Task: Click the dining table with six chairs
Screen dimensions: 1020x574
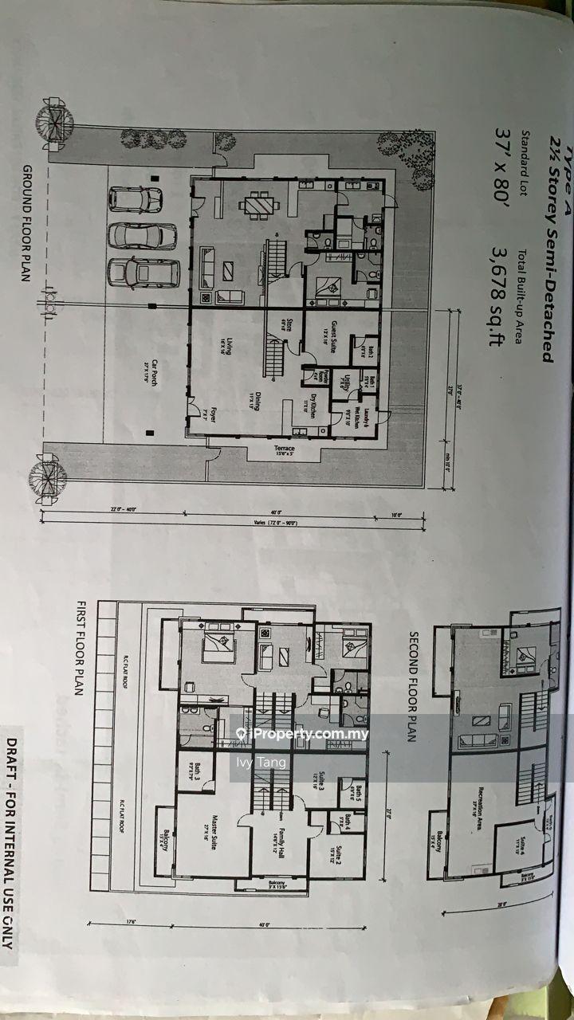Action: tap(261, 207)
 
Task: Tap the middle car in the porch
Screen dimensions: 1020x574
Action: tap(142, 236)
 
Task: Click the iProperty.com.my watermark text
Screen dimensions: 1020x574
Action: tap(300, 734)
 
